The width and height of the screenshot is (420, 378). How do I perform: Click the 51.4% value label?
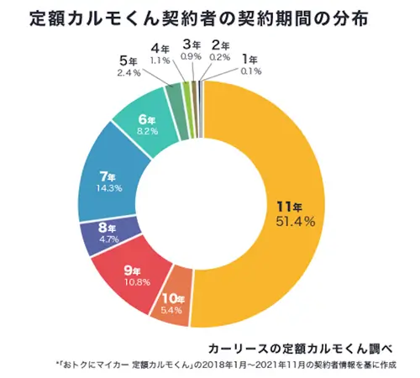pos(295,221)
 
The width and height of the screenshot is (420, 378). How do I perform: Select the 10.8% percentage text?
pos(136,282)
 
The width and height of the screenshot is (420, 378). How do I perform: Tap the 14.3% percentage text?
pos(108,188)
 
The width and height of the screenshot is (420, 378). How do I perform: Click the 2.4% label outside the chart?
pos(129,72)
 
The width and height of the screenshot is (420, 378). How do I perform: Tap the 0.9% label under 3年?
pos(191,55)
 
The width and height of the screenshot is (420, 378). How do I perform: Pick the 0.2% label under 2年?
pos(220,55)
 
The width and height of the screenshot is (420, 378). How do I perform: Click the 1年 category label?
pos(249,60)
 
